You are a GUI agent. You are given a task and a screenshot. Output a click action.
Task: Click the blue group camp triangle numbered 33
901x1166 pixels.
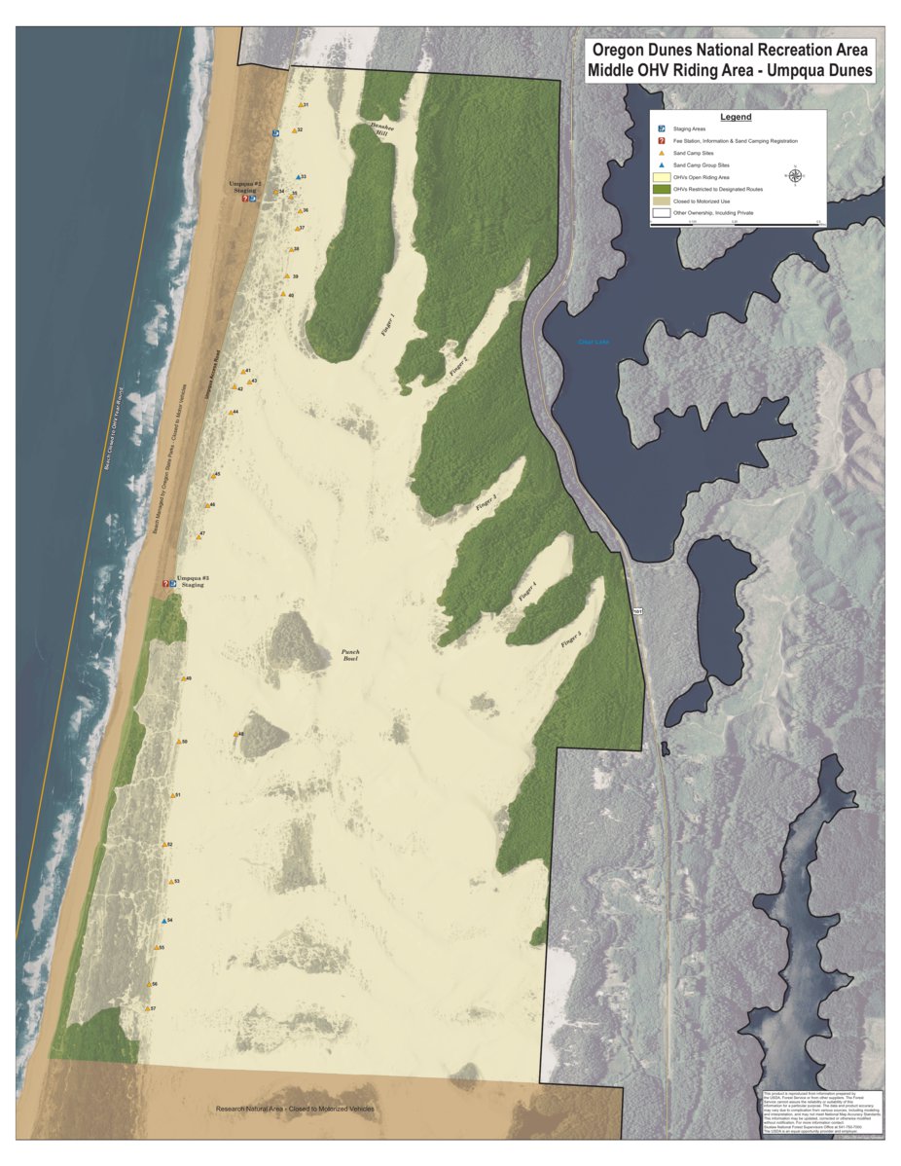pos(298,177)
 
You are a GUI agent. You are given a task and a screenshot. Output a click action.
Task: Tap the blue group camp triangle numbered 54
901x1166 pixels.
pos(164,920)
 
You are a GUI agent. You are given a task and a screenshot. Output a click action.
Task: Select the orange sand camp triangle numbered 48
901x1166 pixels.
pos(235,734)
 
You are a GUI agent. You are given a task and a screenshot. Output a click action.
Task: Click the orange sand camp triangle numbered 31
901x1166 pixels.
pos(300,105)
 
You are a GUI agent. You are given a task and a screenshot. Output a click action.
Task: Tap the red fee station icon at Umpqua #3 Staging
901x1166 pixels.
pos(165,584)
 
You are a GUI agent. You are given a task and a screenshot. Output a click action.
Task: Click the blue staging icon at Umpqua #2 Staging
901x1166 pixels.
pos(253,199)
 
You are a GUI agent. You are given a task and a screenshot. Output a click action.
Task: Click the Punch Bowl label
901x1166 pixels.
pos(350,655)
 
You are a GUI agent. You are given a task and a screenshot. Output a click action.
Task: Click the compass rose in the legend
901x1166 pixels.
pos(795,176)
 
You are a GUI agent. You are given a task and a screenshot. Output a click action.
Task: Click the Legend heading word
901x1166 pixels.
pos(736,117)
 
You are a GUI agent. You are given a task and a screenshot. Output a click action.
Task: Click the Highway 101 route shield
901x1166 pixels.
pos(637,611)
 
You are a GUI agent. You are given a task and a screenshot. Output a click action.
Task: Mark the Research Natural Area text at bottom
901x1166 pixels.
pos(308,1110)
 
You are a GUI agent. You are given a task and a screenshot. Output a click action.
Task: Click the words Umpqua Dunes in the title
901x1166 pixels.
pos(820,71)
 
